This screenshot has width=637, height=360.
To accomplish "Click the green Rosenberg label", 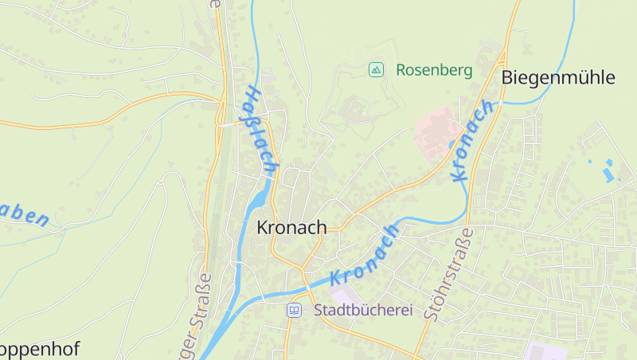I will pyautogui.click(x=434, y=70).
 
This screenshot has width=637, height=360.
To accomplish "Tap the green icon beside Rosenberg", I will pyautogui.click(x=376, y=70).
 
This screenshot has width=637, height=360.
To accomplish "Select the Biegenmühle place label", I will pyautogui.click(x=558, y=77).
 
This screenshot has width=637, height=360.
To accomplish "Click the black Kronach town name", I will pyautogui.click(x=291, y=228).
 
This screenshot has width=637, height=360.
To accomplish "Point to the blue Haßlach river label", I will pyautogui.click(x=260, y=130).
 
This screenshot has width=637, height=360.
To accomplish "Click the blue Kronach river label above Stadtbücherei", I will pyautogui.click(x=364, y=256).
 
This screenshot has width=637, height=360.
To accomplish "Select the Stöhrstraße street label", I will pyautogui.click(x=448, y=274).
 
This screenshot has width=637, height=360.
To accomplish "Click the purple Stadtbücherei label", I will pyautogui.click(x=363, y=309).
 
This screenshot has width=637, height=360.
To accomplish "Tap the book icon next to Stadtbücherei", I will pyautogui.click(x=295, y=309).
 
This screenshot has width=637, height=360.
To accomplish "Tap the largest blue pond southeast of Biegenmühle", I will pyautogui.click(x=610, y=172).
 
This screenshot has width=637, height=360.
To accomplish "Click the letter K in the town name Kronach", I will pyautogui.click(x=263, y=228).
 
